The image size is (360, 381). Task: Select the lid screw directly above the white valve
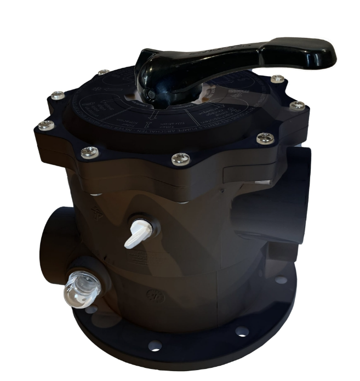(x=179, y=158)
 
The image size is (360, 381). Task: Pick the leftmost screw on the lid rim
(x=46, y=125)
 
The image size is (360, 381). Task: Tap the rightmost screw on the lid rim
(x=296, y=105)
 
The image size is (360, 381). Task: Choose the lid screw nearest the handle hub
(x=102, y=72)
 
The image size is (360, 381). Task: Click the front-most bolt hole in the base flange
(x=155, y=346)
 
